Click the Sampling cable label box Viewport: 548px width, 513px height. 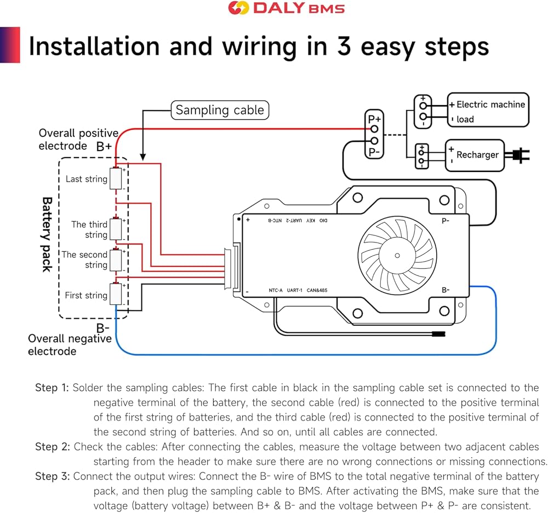point(219,110)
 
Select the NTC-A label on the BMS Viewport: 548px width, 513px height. point(275,290)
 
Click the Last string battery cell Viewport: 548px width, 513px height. point(116,178)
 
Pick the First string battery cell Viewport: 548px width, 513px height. point(116,294)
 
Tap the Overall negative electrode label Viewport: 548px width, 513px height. point(70,345)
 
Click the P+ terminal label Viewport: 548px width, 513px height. point(375,118)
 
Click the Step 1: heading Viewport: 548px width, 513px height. point(52,388)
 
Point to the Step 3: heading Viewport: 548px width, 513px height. point(53,476)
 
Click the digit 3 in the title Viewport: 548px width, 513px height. point(344,47)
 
